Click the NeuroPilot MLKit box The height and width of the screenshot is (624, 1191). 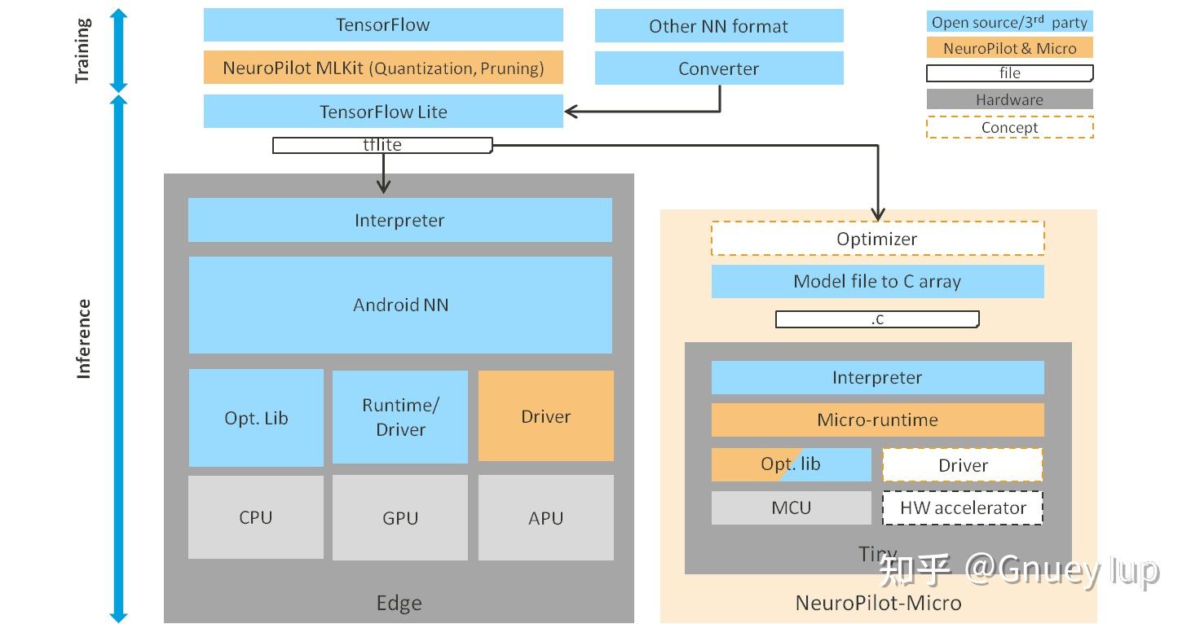[383, 68]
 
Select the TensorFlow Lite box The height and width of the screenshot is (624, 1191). [383, 112]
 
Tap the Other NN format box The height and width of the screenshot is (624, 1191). [718, 26]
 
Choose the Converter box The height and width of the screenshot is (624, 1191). [718, 69]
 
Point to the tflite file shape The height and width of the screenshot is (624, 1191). [382, 145]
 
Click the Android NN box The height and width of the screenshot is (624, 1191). [400, 305]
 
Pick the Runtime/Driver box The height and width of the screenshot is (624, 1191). [400, 417]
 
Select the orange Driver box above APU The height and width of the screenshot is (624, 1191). [545, 416]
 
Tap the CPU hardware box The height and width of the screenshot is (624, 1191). [255, 517]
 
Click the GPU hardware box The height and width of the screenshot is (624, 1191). [400, 518]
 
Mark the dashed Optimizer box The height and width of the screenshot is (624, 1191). [877, 239]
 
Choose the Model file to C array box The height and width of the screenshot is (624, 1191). [877, 282]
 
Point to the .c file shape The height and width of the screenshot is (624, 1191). [877, 319]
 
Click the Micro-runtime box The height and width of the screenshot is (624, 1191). [877, 420]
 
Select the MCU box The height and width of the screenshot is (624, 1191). [791, 508]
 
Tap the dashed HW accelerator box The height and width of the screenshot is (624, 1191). [963, 508]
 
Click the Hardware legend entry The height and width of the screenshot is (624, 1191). [1009, 99]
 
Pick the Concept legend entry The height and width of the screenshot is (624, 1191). [1009, 127]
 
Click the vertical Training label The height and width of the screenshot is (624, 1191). [82, 51]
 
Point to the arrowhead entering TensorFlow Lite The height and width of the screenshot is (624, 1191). [571, 112]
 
